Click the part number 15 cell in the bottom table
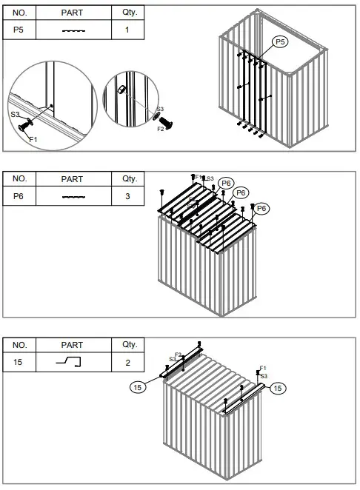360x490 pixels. pos(20,362)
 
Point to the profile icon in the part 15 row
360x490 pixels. pos(72,362)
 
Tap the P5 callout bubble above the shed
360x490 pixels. pos(280,43)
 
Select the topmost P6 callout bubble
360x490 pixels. pos(227,183)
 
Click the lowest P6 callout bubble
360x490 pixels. pos(261,208)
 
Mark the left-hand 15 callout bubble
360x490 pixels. pos(139,386)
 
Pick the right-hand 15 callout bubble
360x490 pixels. pos(277,387)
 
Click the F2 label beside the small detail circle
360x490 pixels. pos(161,130)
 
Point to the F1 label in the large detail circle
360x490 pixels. pos(32,138)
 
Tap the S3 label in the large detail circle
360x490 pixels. pos(15,114)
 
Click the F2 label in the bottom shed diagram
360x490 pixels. pos(178,354)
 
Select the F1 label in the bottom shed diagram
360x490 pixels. pos(263,368)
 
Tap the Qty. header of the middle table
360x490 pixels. pos(124,178)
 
